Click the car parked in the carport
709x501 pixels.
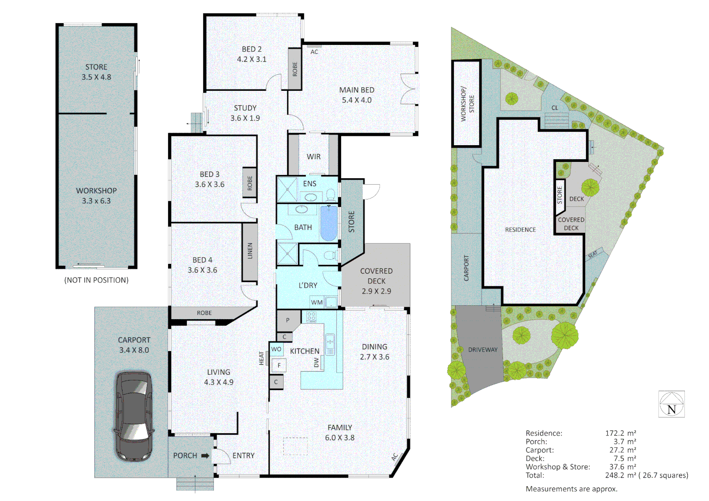134,416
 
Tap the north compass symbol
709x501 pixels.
671,404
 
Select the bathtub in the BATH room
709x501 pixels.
329,224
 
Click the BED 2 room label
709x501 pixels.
251,49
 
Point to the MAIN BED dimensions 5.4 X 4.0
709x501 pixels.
356,100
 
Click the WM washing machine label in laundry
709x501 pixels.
317,302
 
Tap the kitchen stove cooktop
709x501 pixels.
311,317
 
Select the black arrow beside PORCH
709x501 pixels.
205,456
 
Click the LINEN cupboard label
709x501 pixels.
250,251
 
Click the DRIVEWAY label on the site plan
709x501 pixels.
483,350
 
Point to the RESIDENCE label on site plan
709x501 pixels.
520,230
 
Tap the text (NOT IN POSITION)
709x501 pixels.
97,280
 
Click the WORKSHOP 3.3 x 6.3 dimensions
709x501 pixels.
97,201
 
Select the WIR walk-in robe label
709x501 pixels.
314,157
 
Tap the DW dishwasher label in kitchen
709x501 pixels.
316,362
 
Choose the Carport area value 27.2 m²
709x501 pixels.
620,450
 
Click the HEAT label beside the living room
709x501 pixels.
262,358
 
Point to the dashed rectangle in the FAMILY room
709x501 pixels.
296,446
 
